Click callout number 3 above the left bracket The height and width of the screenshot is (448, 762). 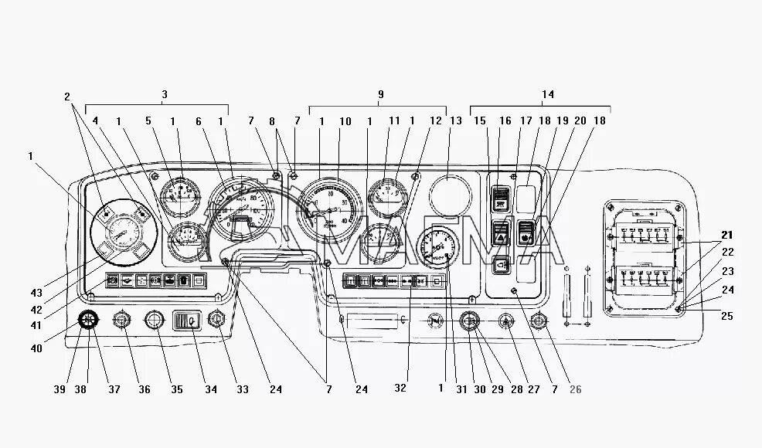[x=165, y=94]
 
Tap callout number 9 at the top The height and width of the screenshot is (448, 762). [x=380, y=94]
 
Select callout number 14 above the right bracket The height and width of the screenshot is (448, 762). [x=548, y=94]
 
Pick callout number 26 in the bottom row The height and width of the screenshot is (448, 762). [x=575, y=389]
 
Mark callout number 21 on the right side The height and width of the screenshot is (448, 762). [x=726, y=234]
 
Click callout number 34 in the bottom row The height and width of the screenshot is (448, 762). [x=209, y=389]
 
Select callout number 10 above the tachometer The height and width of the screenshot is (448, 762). [x=345, y=121]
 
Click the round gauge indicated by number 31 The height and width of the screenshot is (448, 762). [x=437, y=246]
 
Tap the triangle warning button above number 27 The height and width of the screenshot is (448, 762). [x=506, y=320]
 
